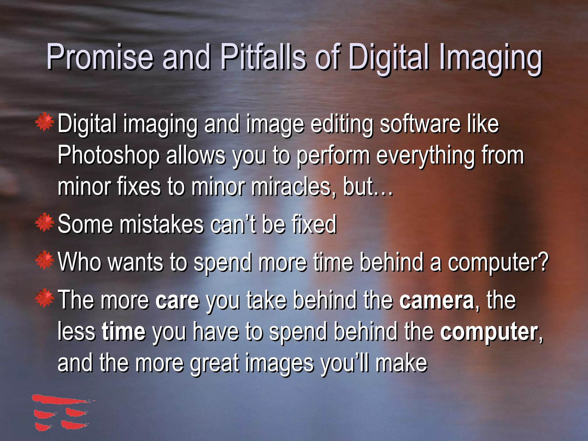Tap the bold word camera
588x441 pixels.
click(x=437, y=300)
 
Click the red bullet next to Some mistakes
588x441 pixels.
click(x=45, y=222)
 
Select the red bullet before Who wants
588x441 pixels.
click(x=45, y=260)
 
